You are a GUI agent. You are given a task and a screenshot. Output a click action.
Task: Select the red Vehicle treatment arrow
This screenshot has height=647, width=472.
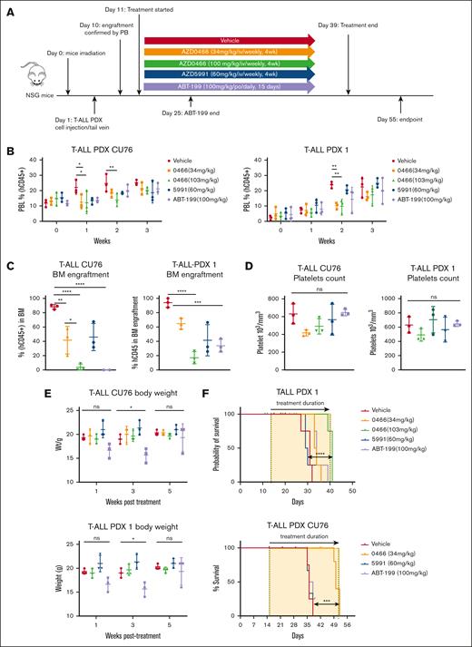pos(228,40)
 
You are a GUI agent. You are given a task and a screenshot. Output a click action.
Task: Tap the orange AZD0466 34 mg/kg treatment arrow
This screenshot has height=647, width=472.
pos(228,53)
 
